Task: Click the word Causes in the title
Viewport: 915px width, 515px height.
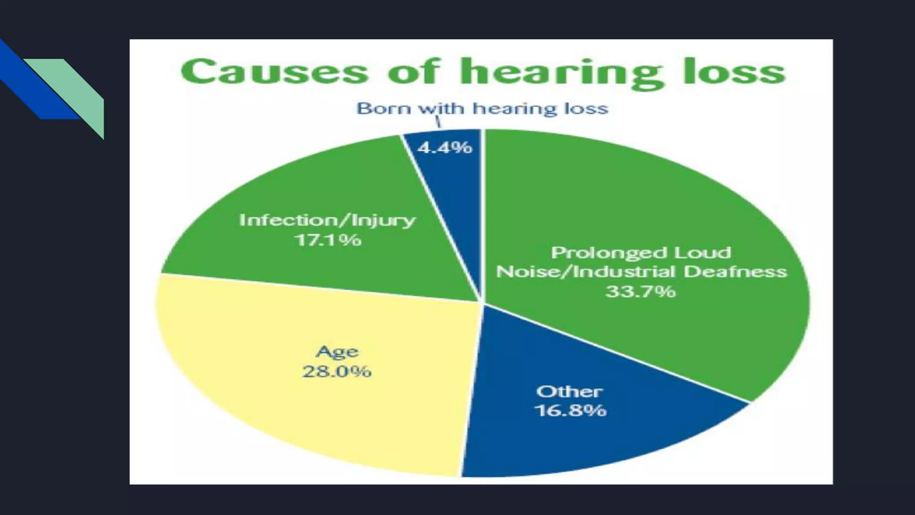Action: pos(274,72)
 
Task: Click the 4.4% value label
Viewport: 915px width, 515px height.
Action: pos(445,147)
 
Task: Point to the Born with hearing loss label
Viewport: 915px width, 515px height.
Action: pos(482,108)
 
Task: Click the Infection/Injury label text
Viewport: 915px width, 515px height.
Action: pos(327,220)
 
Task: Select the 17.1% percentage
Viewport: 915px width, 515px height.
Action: pos(327,240)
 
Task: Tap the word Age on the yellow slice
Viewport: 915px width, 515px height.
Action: pos(337,352)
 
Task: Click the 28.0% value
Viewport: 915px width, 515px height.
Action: pos(337,371)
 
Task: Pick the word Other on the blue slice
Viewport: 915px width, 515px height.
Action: pos(569,392)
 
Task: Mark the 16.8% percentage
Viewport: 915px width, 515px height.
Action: pos(570,410)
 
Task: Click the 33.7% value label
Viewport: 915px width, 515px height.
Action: pos(640,291)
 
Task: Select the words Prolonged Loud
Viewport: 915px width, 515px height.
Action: pos(641,253)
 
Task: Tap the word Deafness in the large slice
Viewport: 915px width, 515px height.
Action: pos(735,272)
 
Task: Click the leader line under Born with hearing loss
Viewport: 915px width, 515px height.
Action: pos(438,122)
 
